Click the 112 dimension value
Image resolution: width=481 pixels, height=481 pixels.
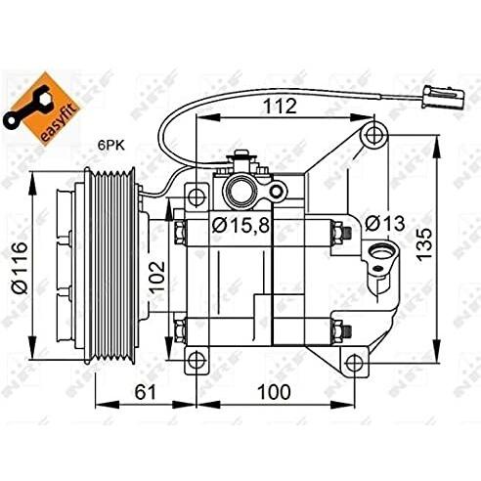(x=280, y=106)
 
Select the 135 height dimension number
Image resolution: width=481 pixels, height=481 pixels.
(x=424, y=244)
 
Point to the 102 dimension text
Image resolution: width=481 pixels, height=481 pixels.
(x=157, y=276)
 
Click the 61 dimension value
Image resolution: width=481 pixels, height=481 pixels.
(x=146, y=392)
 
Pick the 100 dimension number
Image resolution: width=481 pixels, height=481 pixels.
(x=274, y=392)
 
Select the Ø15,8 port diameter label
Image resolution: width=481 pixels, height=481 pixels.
(x=240, y=225)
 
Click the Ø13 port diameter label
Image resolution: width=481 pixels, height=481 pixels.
(x=384, y=224)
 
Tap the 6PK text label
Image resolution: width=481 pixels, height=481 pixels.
(x=111, y=146)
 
